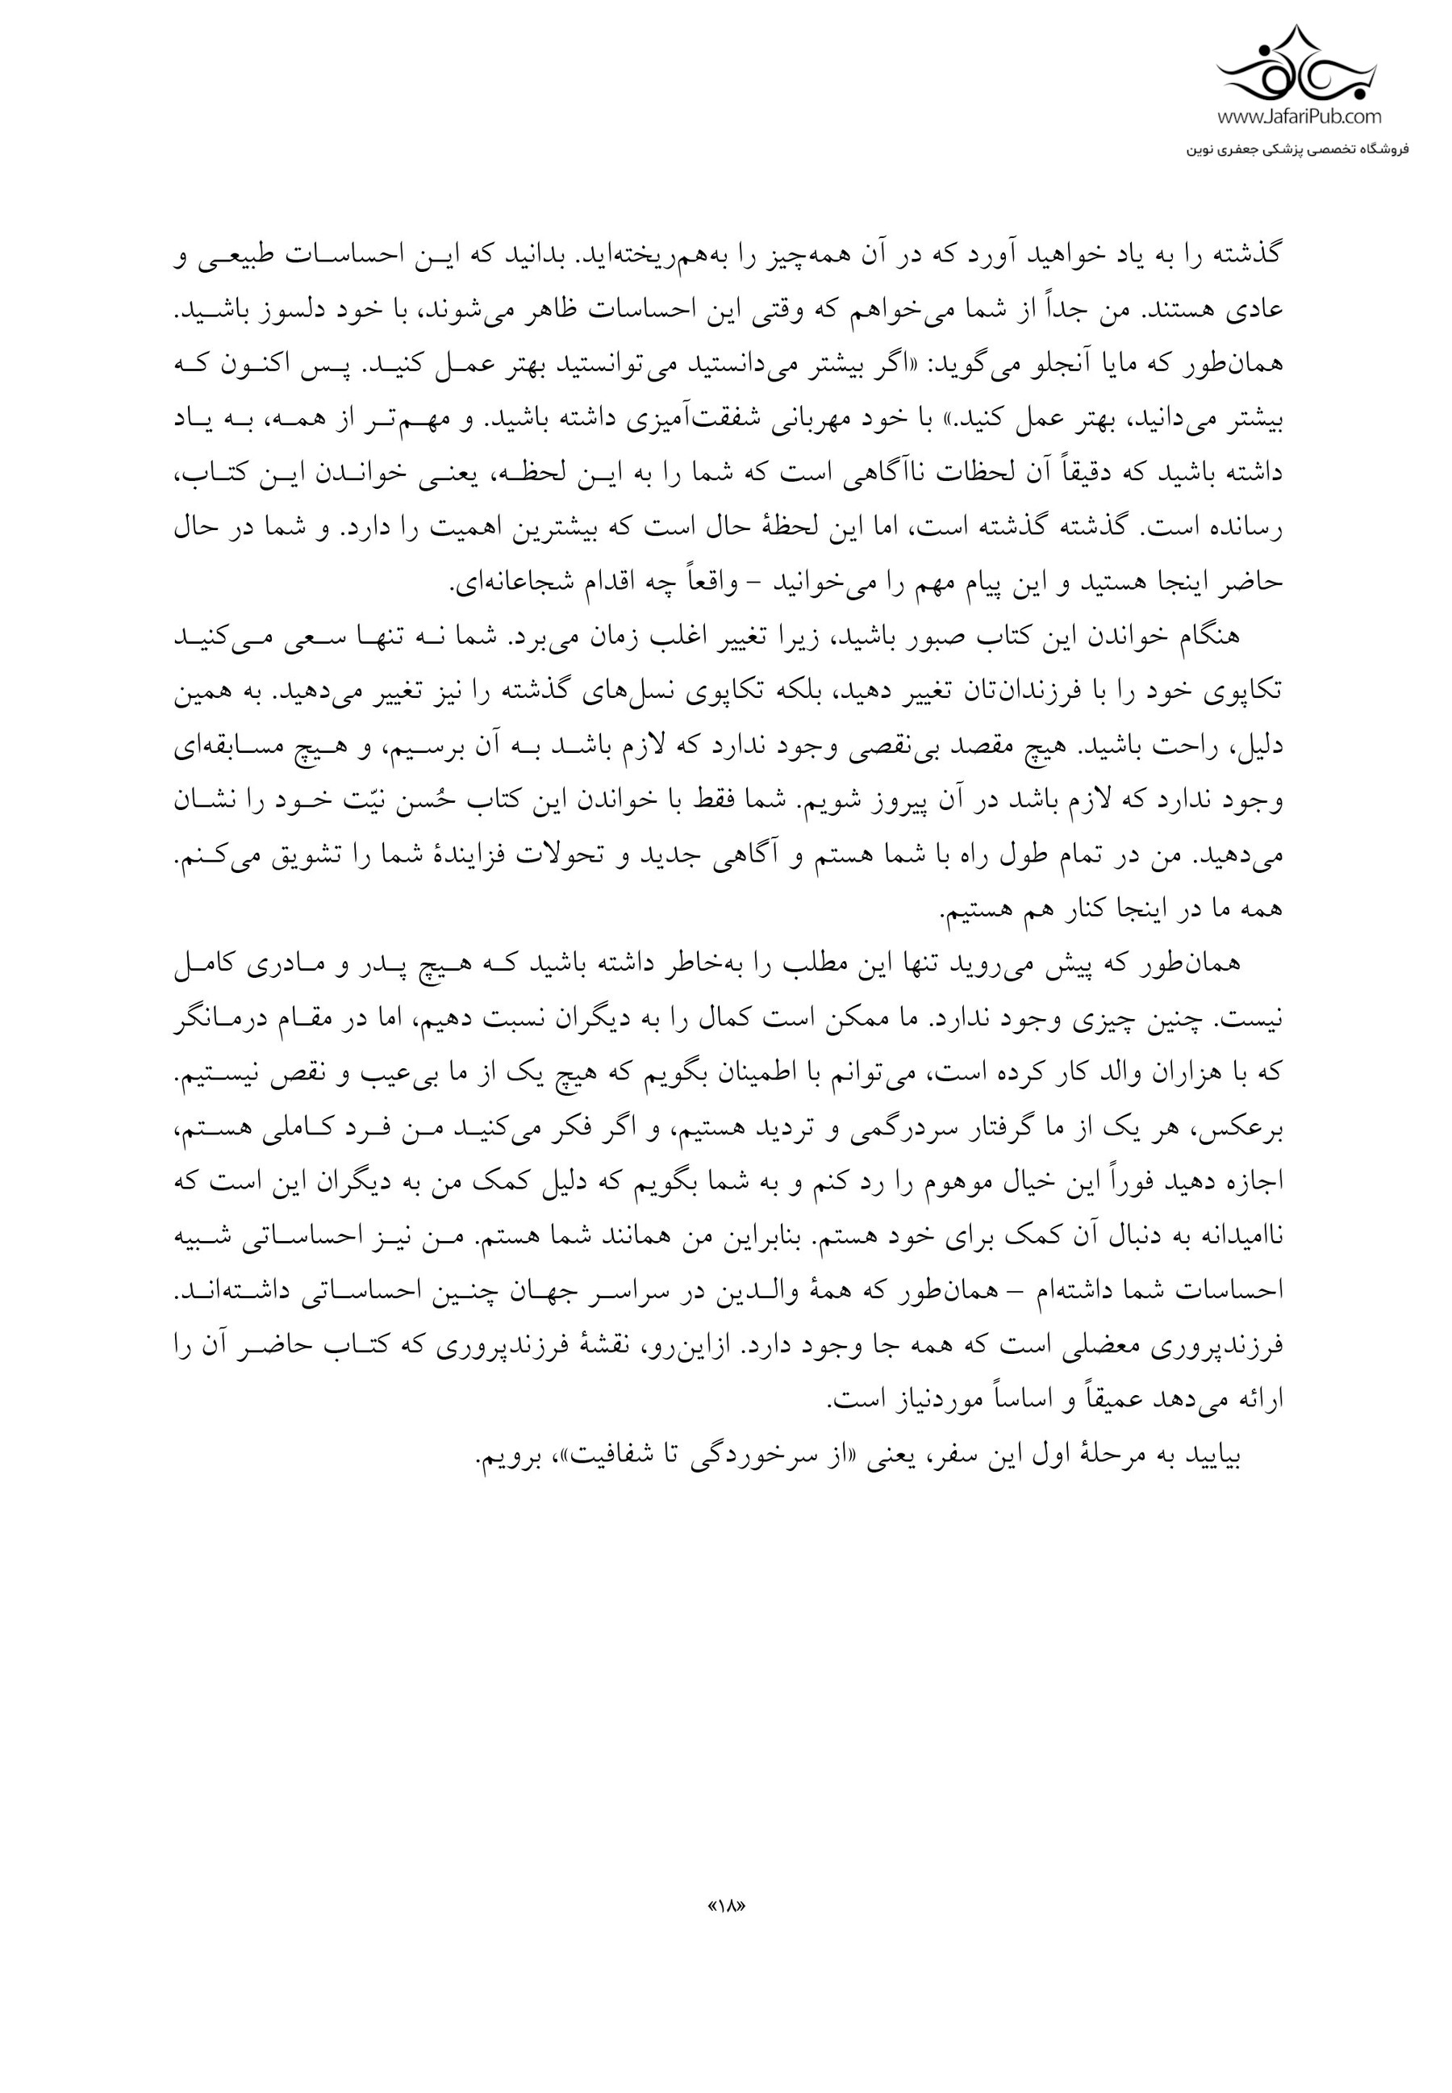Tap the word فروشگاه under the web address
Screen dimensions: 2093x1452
1381,148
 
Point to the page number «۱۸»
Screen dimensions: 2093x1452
726,1906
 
